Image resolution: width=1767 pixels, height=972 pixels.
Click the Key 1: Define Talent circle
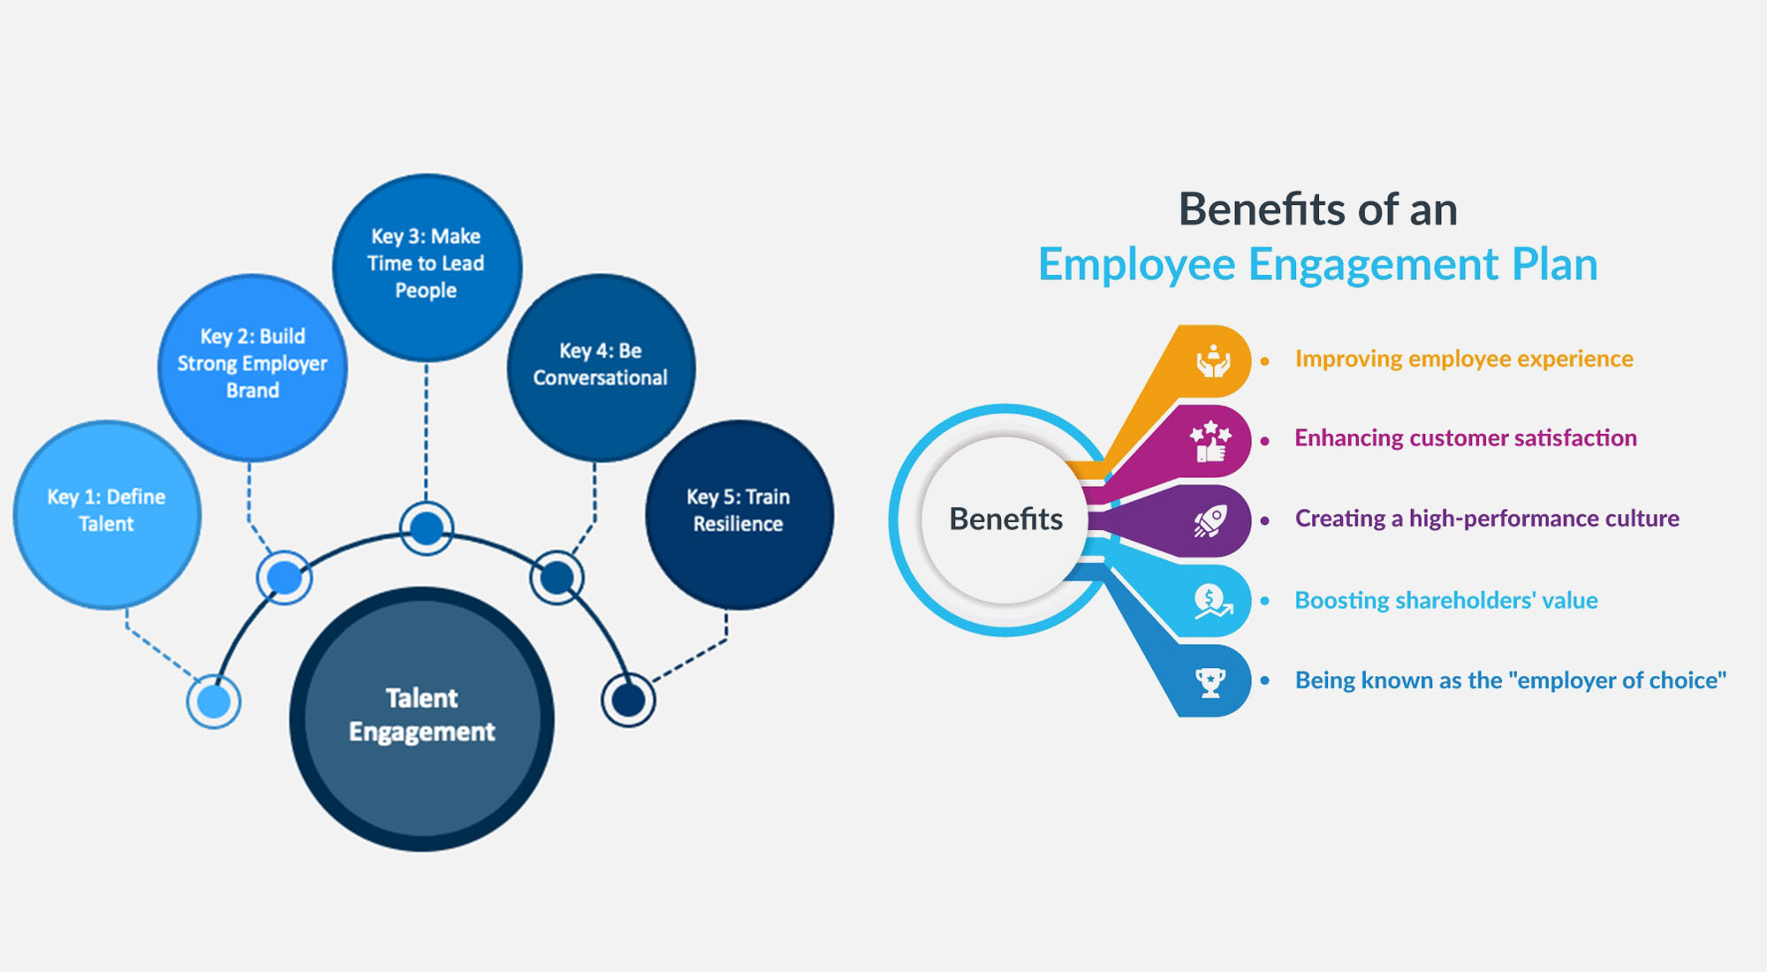coord(107,514)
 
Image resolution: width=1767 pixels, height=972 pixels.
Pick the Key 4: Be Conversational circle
coord(601,367)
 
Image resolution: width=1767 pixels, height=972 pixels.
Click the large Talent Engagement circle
coord(421,718)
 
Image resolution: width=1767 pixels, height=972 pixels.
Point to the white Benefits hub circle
coord(1005,520)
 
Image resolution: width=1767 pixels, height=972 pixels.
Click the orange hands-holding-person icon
coord(1212,361)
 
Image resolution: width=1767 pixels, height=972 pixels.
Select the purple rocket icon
coord(1210,521)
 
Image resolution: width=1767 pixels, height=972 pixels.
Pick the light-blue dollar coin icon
coord(1211,602)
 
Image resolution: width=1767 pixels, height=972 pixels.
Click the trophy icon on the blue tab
coord(1210,682)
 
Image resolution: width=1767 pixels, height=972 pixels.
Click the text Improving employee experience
coord(1464,359)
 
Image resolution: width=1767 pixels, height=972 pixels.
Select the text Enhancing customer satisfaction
coord(1466,438)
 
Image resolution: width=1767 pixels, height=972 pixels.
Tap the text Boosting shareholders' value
coord(1446,601)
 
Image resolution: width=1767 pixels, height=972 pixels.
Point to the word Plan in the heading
coord(1555,264)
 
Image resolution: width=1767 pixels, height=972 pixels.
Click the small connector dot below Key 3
coord(427,528)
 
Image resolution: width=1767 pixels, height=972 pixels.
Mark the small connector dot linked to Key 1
coord(214,702)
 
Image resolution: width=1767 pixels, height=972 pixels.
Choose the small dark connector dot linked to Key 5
coord(628,701)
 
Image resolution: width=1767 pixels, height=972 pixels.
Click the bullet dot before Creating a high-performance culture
coord(1265,520)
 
